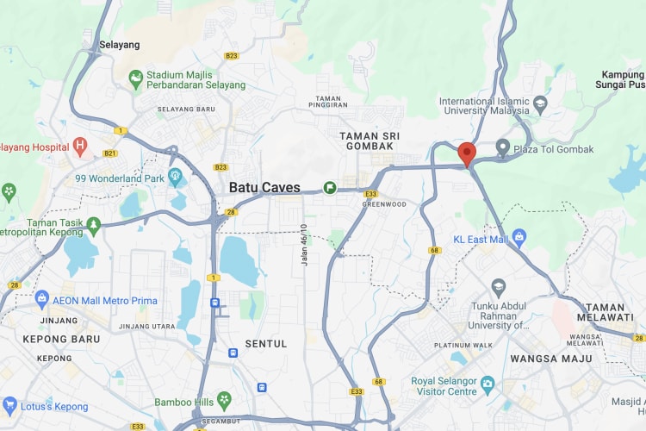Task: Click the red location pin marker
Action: tap(467, 153)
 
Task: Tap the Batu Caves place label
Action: tap(264, 187)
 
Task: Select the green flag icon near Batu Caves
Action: tap(330, 187)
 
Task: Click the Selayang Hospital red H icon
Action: tap(81, 147)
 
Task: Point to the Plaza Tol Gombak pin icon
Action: tap(503, 149)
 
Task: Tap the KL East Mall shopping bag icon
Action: tap(519, 236)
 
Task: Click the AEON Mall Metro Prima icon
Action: tap(41, 298)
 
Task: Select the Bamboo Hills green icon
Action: tap(225, 401)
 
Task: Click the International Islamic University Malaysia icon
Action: tap(540, 106)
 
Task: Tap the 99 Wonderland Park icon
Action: tap(176, 178)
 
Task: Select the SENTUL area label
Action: tap(266, 344)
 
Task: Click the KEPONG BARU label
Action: tap(49, 339)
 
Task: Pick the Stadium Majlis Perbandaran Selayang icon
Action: tap(135, 79)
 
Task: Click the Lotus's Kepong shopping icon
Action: tap(10, 405)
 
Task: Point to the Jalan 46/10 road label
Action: tap(303, 245)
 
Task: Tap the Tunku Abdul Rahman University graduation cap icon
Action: tap(498, 285)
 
